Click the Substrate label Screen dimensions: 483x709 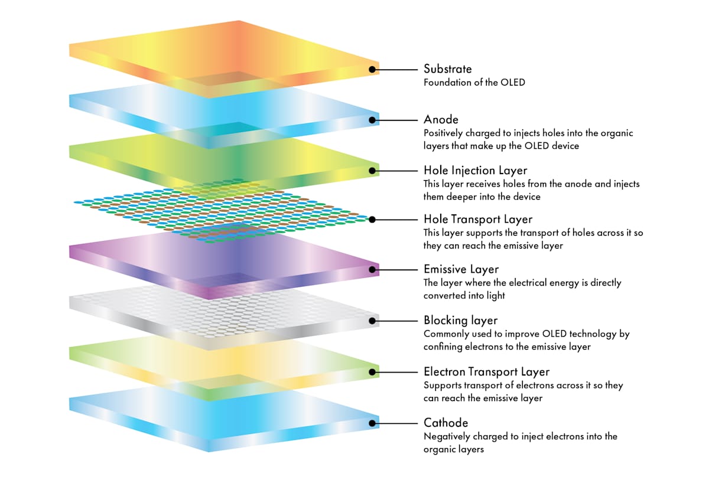[x=447, y=69]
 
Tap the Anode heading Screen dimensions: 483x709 [x=441, y=120]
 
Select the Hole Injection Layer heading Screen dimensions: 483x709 [x=475, y=171]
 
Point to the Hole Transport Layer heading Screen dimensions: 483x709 [x=477, y=220]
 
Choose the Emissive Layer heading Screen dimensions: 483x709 [x=461, y=269]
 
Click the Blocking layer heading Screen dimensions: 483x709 [x=460, y=321]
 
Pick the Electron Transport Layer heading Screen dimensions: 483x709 [x=486, y=371]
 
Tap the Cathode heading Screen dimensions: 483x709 [x=445, y=423]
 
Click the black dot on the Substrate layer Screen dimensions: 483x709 [x=372, y=69]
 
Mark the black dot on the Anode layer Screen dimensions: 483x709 [x=372, y=120]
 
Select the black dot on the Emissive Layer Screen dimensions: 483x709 [x=372, y=269]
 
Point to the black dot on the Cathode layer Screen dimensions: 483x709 [x=372, y=423]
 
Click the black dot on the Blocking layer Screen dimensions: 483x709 [x=372, y=321]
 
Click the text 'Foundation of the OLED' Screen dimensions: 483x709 [x=474, y=83]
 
